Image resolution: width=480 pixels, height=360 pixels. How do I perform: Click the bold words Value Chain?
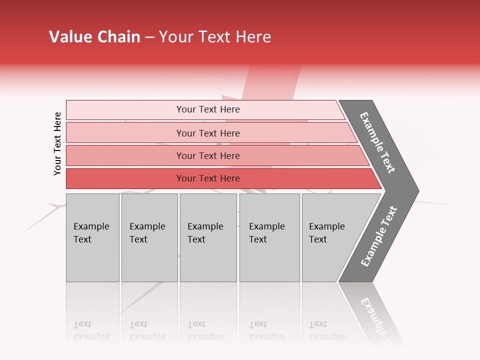coord(94,37)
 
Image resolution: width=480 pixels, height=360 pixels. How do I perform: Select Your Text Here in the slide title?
coord(215,37)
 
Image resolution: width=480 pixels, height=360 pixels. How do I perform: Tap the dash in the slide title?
coord(149,37)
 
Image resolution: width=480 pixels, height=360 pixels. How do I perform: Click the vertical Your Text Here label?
coord(57,143)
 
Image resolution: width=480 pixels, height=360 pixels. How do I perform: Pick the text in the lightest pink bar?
coord(208,109)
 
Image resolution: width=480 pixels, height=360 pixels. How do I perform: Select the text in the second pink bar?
coord(208,133)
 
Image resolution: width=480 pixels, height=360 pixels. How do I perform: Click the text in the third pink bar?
coord(208,155)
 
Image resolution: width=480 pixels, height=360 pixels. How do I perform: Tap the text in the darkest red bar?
coord(208,178)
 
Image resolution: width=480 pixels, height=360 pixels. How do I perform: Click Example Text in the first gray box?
coord(91,232)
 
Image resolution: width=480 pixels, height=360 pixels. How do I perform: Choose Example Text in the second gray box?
coord(147,232)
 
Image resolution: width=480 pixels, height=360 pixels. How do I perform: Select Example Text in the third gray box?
coord(205,232)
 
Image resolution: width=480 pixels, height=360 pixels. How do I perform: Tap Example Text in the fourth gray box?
coord(266,232)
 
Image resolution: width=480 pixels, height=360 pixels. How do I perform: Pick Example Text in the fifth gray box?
coord(326,232)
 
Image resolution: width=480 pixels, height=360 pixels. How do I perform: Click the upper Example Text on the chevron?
coord(377,142)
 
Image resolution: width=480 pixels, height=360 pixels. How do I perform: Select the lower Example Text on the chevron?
coord(378,236)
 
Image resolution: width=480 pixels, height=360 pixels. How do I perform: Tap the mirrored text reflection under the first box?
coord(91,330)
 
